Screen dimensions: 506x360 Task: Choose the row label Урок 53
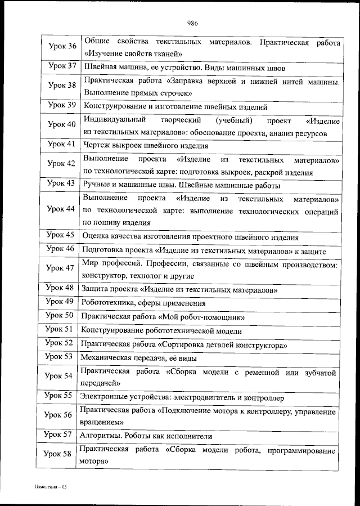(58, 357)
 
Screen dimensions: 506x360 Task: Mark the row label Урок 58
(58, 455)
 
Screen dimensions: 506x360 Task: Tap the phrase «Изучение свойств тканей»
(132, 54)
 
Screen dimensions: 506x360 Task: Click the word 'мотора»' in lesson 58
(93, 461)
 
